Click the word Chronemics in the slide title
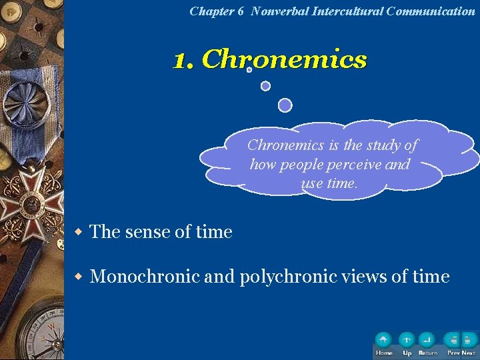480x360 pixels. [284, 60]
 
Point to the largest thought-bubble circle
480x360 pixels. [285, 105]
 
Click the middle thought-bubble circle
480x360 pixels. [265, 86]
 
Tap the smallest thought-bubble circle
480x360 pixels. [249, 69]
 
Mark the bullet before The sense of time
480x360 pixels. [77, 232]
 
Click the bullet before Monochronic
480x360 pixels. [77, 276]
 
